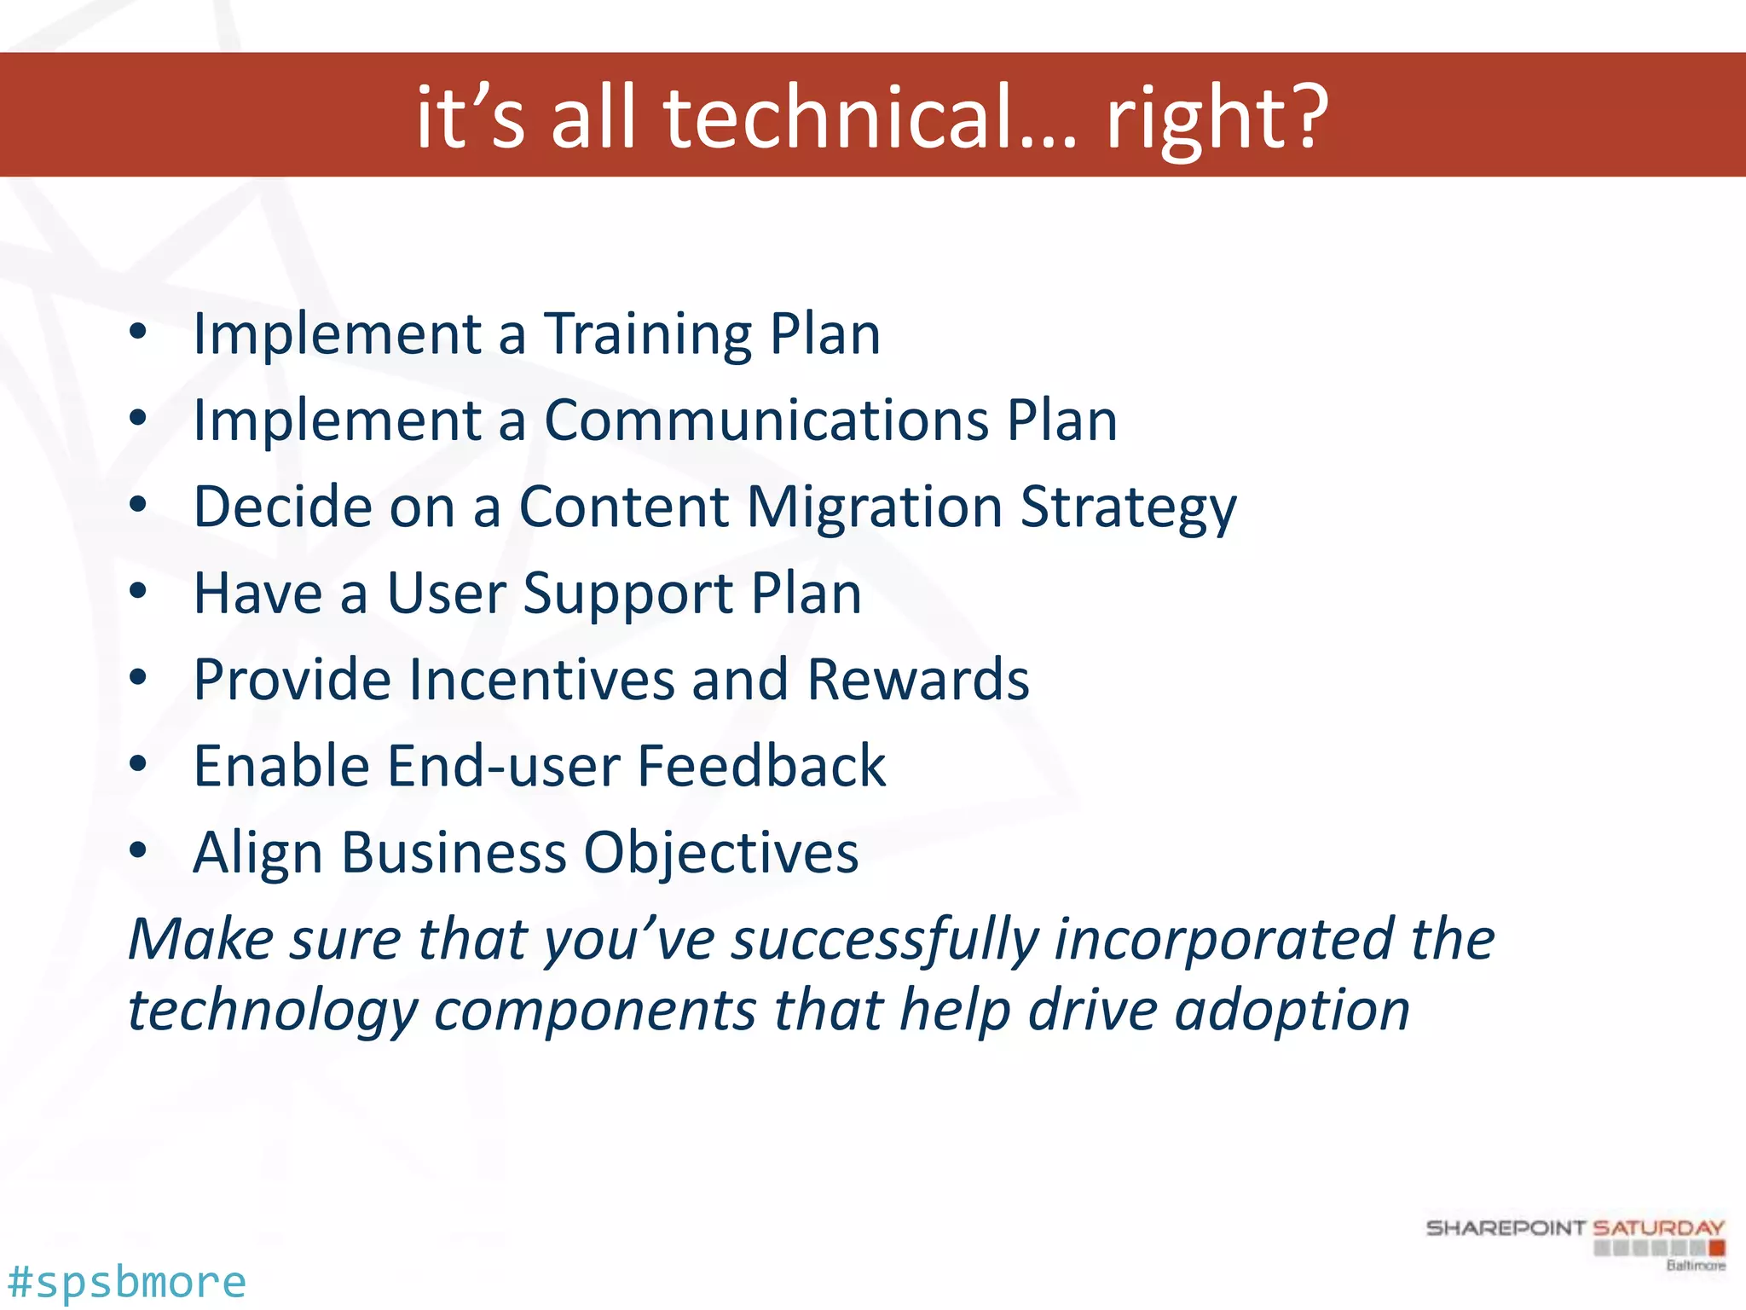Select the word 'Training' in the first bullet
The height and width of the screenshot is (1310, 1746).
648,333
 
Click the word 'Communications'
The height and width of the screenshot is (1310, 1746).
766,420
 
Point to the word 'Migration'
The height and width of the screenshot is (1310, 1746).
874,507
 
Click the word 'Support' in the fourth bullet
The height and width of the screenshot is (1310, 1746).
627,594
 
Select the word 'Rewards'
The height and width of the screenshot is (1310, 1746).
917,680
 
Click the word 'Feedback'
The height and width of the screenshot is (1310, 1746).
761,766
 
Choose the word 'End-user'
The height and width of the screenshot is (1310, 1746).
503,766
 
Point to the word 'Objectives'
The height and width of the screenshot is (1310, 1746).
721,853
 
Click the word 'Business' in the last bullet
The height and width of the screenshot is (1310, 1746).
454,853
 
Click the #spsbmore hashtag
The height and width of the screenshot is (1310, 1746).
126,1282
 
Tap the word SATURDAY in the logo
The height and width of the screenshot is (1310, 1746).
1658,1228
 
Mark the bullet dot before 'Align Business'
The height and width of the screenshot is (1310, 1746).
138,851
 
